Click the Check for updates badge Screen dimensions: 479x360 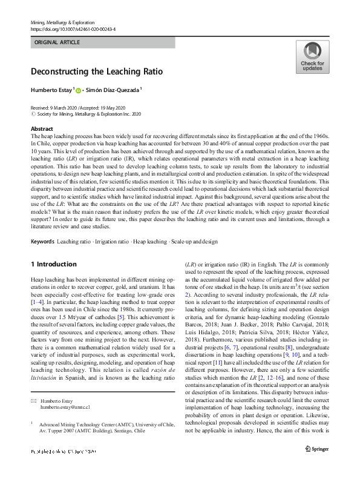click(312, 57)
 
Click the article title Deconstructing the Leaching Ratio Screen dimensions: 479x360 click(97, 71)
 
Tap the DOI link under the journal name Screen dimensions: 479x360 click(73, 29)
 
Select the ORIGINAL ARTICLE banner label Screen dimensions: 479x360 click(57, 43)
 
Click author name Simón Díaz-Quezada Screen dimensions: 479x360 click(113, 90)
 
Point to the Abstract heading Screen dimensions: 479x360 click(41, 129)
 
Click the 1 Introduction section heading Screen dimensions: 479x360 click(53, 264)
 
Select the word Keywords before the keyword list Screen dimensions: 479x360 click(42, 241)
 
